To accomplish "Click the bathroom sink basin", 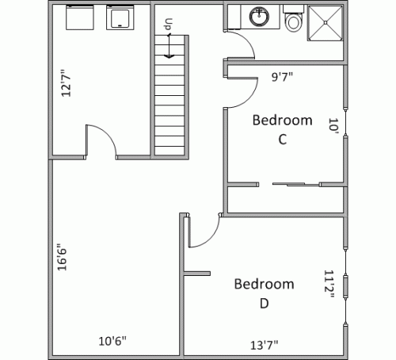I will click(258, 16).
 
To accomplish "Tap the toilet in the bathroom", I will click(294, 20).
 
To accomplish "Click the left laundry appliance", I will click(79, 17).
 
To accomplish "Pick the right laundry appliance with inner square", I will click(120, 17).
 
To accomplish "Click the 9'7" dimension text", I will click(282, 78).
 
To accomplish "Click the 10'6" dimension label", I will click(112, 342).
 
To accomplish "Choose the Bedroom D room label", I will click(264, 293).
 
